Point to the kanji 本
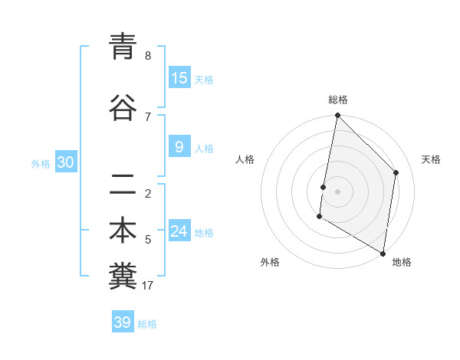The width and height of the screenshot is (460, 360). pyautogui.click(x=123, y=231)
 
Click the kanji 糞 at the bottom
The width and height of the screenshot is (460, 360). pyautogui.click(x=123, y=277)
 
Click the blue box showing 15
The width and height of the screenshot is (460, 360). pyautogui.click(x=179, y=78)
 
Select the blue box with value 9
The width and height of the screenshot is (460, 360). pyautogui.click(x=179, y=147)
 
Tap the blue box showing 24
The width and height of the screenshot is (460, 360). pyautogui.click(x=179, y=231)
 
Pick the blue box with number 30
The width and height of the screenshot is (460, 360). pyautogui.click(x=65, y=162)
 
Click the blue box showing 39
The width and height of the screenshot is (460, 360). pyautogui.click(x=122, y=322)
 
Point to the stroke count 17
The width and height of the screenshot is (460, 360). pyautogui.click(x=148, y=286)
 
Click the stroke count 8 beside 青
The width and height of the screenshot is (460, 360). pyautogui.click(x=148, y=56)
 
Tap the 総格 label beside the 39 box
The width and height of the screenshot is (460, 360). pyautogui.click(x=147, y=324)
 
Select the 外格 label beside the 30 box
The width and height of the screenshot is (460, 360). pyautogui.click(x=41, y=163)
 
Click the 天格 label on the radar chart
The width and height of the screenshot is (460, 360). pyautogui.click(x=431, y=159)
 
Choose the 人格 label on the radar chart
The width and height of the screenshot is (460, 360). pyautogui.click(x=245, y=159)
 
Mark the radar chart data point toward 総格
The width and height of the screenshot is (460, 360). pyautogui.click(x=337, y=116)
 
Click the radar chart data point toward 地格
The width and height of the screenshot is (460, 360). pyautogui.click(x=383, y=253)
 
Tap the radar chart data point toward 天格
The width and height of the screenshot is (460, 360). pyautogui.click(x=396, y=172)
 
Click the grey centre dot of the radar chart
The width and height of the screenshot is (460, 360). pyautogui.click(x=337, y=191)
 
